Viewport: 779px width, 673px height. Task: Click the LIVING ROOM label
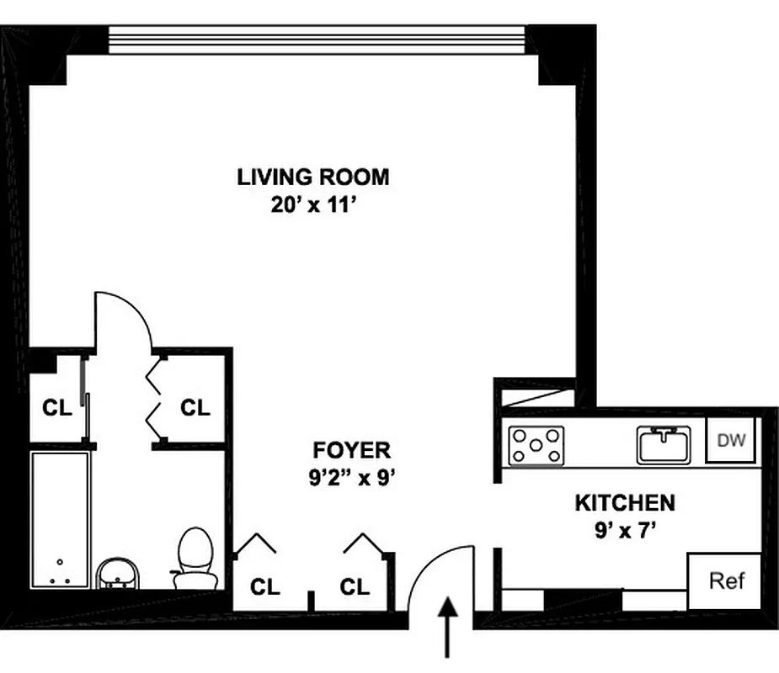tap(312, 177)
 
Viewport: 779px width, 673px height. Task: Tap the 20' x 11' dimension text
tap(312, 204)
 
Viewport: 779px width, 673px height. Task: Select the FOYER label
tap(351, 449)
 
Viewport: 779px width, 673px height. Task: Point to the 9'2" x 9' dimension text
tap(351, 478)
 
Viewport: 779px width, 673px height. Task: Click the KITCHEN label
tap(624, 503)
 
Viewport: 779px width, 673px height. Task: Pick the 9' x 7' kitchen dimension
tap(624, 531)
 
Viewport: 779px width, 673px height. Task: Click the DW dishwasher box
tap(729, 440)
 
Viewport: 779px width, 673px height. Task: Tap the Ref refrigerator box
tap(725, 580)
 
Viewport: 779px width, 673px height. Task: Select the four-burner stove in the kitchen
tap(536, 445)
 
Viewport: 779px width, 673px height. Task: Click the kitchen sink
tap(664, 443)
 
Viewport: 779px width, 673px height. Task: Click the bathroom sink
tap(117, 575)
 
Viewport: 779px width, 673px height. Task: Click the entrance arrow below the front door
tap(447, 626)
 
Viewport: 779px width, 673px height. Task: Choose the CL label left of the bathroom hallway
tap(56, 408)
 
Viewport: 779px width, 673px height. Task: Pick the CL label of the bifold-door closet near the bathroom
tap(195, 408)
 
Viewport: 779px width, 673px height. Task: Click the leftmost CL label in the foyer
tap(265, 586)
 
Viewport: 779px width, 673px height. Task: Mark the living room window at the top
tap(317, 39)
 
